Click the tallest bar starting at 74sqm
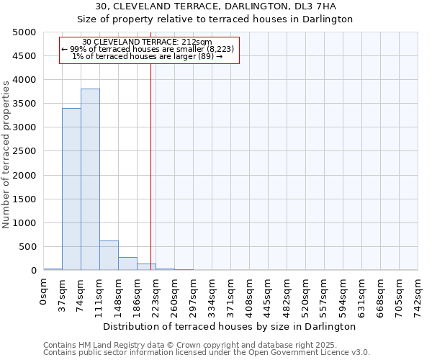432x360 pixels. [90, 179]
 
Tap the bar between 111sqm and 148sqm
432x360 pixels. [109, 255]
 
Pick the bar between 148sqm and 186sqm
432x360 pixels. [127, 264]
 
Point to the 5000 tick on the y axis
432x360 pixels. [24, 32]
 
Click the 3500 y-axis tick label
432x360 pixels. [24, 104]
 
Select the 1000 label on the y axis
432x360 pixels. [24, 223]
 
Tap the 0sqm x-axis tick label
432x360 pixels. [44, 294]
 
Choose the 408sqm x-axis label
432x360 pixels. [250, 296]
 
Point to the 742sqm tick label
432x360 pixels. [418, 296]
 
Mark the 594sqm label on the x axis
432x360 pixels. [343, 296]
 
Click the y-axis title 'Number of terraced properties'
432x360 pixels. [6, 154]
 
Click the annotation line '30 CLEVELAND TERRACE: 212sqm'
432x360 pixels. [148, 42]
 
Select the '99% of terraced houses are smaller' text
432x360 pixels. [148, 49]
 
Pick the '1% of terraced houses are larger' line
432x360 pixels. [148, 56]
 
